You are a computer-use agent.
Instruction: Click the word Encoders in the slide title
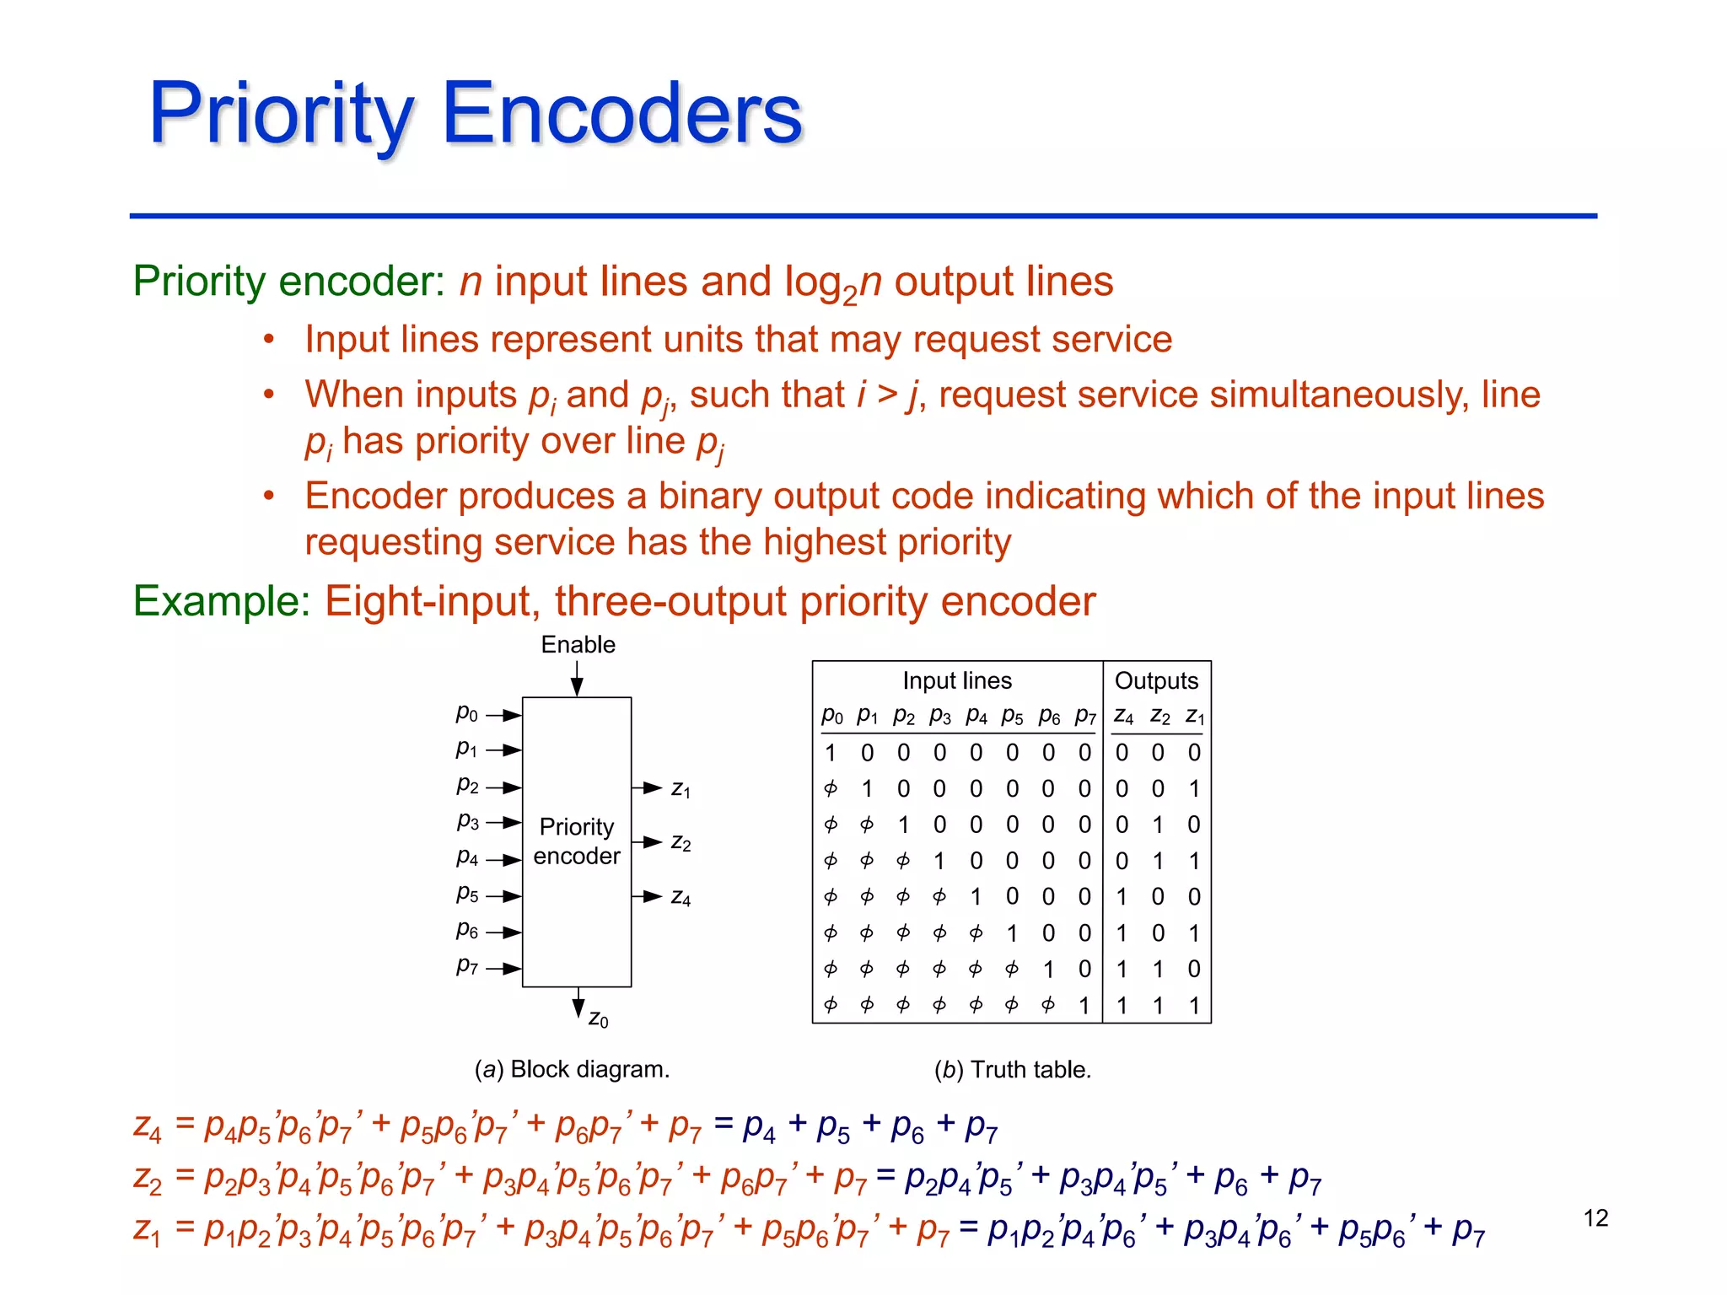[621, 114]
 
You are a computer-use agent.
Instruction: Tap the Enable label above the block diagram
[578, 645]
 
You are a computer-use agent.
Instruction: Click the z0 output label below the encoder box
[598, 1019]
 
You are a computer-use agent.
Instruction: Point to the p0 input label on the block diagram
[466, 713]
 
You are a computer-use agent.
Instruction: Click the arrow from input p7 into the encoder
[503, 969]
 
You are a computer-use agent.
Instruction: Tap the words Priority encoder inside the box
[577, 841]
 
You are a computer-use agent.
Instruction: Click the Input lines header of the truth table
[956, 680]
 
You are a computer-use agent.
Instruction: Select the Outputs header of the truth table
[1156, 680]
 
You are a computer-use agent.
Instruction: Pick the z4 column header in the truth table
[1122, 717]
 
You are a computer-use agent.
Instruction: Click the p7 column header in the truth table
[1084, 717]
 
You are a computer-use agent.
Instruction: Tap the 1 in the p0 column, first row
[830, 753]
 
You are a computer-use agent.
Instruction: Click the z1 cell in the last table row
[1194, 1005]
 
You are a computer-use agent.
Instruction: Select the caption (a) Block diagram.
[572, 1069]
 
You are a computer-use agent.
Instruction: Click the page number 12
[1595, 1218]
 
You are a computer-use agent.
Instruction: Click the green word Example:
[222, 602]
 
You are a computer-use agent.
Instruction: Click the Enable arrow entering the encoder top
[577, 679]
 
